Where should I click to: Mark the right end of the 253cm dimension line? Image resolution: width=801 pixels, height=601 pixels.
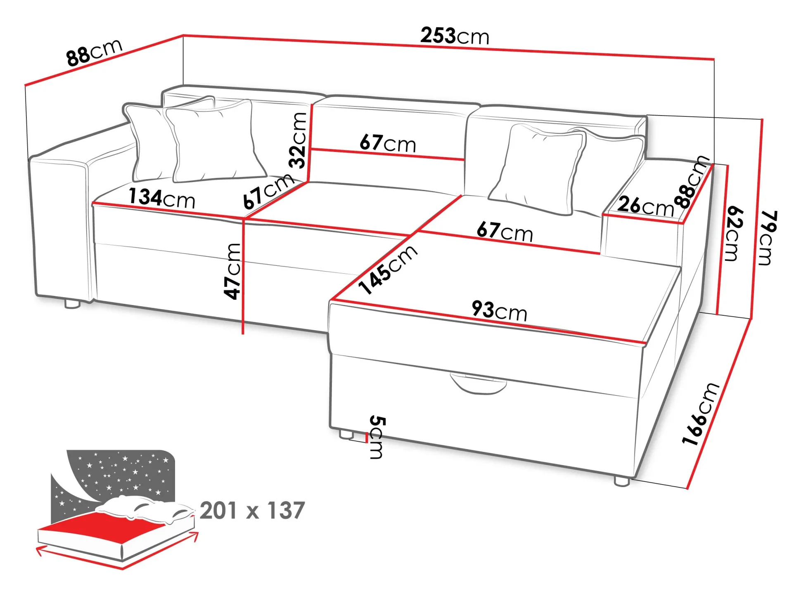[x=714, y=59]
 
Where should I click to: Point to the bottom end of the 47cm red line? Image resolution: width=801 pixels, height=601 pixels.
[x=243, y=334]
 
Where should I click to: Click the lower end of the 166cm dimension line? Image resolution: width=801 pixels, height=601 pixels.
[x=688, y=489]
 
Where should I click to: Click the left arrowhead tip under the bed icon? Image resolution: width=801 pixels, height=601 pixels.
[x=36, y=549]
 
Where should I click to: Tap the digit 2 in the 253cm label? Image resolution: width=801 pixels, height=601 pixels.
[x=426, y=35]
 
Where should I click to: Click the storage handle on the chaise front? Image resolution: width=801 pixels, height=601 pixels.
[x=478, y=383]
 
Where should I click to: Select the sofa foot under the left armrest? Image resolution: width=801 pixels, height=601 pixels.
[x=72, y=304]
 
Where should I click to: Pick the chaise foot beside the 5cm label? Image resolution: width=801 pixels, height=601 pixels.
[x=346, y=434]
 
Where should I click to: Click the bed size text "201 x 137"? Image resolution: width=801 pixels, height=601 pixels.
[x=252, y=511]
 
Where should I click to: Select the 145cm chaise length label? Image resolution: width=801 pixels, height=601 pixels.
[x=387, y=269]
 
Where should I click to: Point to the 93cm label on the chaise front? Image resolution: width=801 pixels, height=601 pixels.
[x=500, y=311]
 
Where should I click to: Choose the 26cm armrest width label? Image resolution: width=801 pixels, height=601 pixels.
[x=645, y=206]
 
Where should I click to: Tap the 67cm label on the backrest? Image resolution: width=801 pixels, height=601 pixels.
[x=388, y=143]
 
